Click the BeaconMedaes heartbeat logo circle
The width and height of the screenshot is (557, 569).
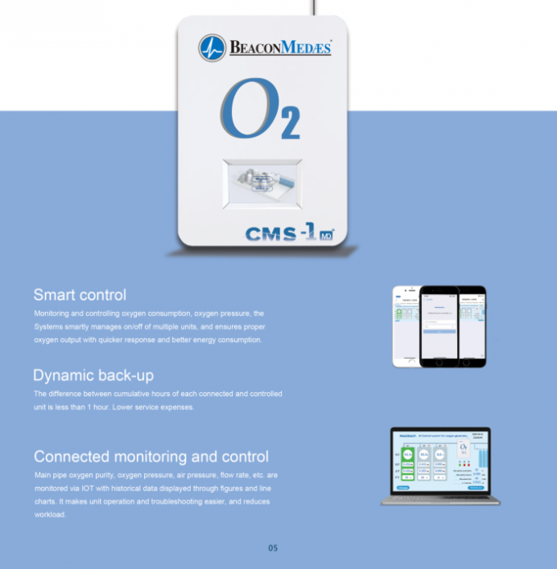click(212, 48)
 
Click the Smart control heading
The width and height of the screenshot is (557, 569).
click(79, 295)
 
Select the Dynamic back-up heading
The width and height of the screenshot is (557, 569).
click(93, 376)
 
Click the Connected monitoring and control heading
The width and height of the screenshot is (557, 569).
click(151, 457)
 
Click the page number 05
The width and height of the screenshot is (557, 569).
click(274, 548)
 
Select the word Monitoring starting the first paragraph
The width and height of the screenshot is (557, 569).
click(51, 314)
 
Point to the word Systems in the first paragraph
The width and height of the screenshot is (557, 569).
click(48, 327)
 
